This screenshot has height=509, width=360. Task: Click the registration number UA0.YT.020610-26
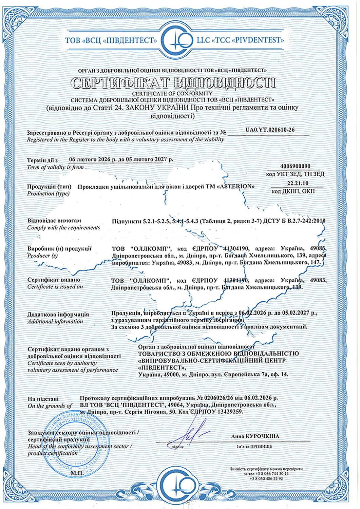(x=270, y=129)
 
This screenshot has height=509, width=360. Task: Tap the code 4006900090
(x=296, y=166)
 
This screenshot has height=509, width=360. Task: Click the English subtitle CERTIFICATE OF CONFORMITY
(x=172, y=93)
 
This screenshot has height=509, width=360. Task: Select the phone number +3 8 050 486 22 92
(x=266, y=478)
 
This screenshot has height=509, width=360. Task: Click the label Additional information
(x=55, y=321)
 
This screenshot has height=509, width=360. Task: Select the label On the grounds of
(x=50, y=406)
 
